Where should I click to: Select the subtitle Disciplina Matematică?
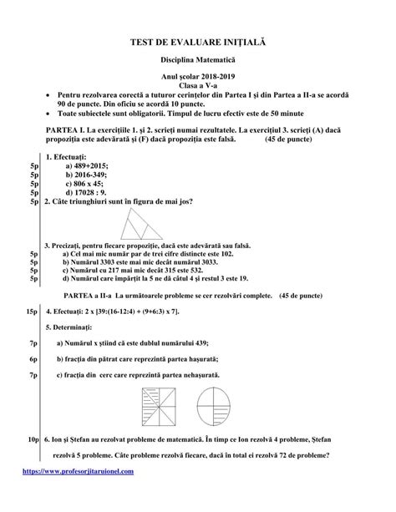coord(198,62)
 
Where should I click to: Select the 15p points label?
coord(30,311)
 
